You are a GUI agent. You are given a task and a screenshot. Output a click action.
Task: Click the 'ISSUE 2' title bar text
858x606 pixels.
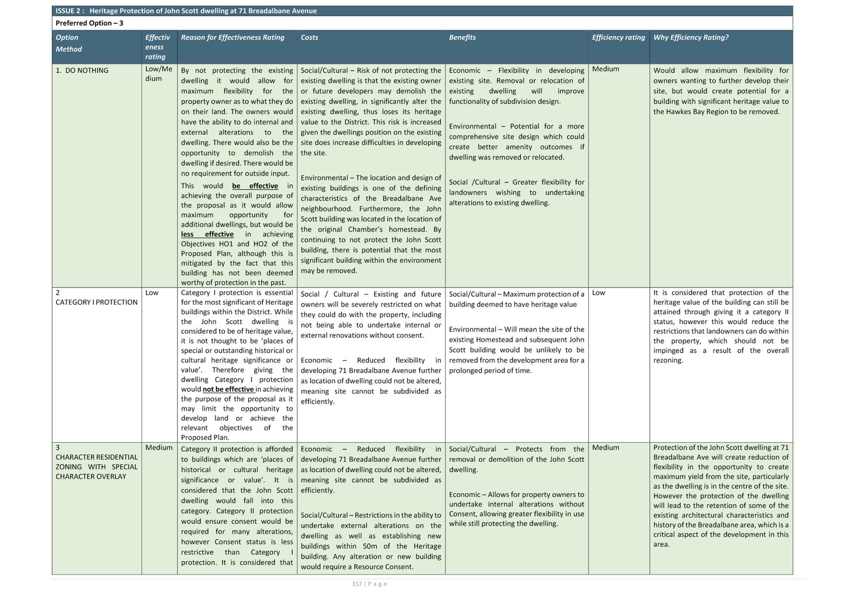[186, 11]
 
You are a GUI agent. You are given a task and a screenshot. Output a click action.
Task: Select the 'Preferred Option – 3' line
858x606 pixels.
[89, 23]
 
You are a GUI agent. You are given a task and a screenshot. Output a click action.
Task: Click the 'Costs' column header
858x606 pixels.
[310, 37]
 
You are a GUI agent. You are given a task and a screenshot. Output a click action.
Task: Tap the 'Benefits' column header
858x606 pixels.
[462, 37]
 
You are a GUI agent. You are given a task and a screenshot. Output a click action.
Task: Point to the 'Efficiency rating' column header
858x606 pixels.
[618, 37]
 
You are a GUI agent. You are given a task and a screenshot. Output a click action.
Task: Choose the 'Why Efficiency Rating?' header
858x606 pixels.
[691, 37]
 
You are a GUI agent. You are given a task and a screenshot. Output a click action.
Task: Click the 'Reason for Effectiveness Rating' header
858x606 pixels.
[233, 37]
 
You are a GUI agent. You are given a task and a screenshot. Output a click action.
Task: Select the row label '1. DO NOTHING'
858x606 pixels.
[82, 70]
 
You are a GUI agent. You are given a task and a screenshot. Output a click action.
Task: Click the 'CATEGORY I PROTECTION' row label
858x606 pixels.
[97, 302]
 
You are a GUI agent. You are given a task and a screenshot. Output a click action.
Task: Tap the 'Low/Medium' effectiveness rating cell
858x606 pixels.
[159, 74]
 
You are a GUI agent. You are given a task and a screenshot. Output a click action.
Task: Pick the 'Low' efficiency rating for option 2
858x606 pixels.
[599, 293]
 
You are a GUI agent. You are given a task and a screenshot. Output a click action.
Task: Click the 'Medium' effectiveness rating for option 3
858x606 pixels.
[159, 447]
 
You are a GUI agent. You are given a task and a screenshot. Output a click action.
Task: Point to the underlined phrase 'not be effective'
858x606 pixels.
[229, 389]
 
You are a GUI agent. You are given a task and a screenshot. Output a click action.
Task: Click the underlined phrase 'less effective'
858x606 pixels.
[207, 234]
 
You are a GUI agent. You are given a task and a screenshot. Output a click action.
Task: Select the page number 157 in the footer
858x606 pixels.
[357, 584]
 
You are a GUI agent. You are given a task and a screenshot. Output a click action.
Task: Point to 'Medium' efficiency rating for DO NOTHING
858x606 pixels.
[606, 69]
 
